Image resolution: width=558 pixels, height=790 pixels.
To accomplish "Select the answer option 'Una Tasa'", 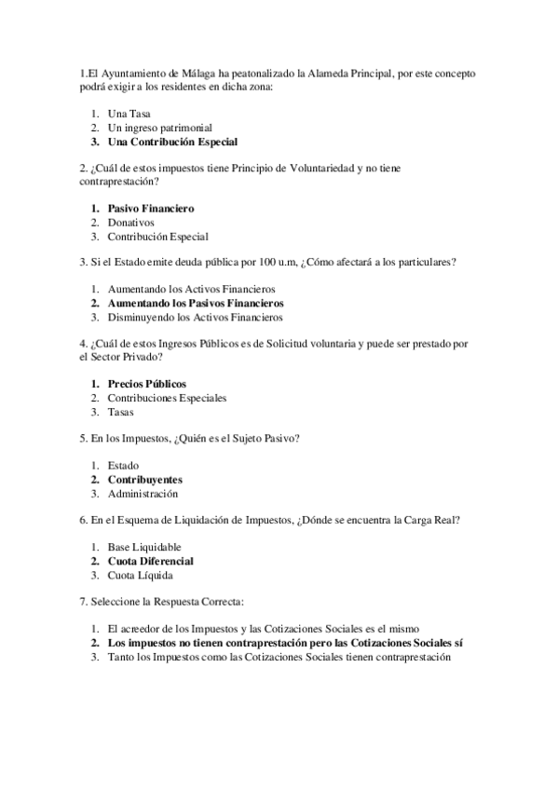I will [x=129, y=113].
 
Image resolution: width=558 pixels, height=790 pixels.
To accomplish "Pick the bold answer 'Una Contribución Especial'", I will [x=172, y=143].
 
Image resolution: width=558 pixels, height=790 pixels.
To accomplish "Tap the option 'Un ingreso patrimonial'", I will [x=160, y=128].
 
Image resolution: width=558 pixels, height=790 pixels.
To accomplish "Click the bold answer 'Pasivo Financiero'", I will [x=151, y=209].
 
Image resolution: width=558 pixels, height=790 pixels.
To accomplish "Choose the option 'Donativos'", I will [x=132, y=224].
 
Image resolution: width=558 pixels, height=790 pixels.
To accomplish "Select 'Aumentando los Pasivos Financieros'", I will [x=196, y=304].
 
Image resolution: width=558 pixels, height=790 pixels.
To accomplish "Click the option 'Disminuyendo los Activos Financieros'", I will [x=196, y=319].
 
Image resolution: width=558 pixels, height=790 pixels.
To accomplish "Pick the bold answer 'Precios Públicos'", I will [x=147, y=384].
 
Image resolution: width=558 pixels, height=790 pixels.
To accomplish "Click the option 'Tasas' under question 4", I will [x=121, y=413].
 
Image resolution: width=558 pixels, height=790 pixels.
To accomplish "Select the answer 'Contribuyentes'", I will [x=145, y=479].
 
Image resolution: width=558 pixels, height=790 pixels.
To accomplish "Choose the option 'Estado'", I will [x=124, y=465].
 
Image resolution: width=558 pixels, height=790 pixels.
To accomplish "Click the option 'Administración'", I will [x=143, y=494].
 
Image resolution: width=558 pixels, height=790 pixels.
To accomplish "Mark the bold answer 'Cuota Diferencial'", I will [x=151, y=561].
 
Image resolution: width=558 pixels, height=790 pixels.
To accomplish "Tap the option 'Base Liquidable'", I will [x=144, y=547].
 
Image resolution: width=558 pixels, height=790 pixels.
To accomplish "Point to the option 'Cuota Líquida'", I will [x=141, y=576].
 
